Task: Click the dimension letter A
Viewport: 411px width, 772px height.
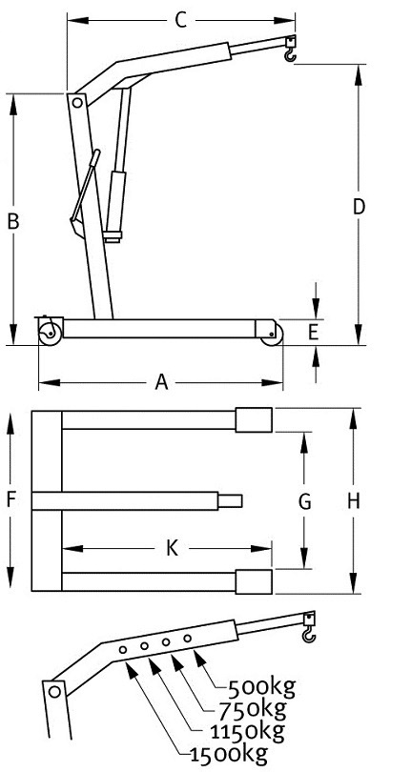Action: click(161, 382)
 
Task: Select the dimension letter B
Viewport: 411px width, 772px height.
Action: click(13, 221)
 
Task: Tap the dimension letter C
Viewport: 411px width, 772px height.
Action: click(181, 20)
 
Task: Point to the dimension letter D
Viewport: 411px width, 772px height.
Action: click(359, 207)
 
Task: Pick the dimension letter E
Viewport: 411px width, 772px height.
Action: click(314, 334)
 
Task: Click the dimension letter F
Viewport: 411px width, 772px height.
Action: click(11, 500)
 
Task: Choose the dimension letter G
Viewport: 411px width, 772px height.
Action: click(305, 501)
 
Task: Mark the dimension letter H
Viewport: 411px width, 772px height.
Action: click(354, 501)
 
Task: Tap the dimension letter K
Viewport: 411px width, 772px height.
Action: click(172, 548)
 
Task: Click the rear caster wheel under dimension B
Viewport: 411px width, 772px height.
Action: click(50, 335)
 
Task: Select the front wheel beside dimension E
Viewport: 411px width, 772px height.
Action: click(272, 335)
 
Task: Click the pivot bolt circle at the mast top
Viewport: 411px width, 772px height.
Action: click(76, 103)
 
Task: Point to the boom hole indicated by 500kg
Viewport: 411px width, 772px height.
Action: click(187, 639)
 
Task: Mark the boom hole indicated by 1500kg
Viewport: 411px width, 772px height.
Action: click(123, 650)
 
